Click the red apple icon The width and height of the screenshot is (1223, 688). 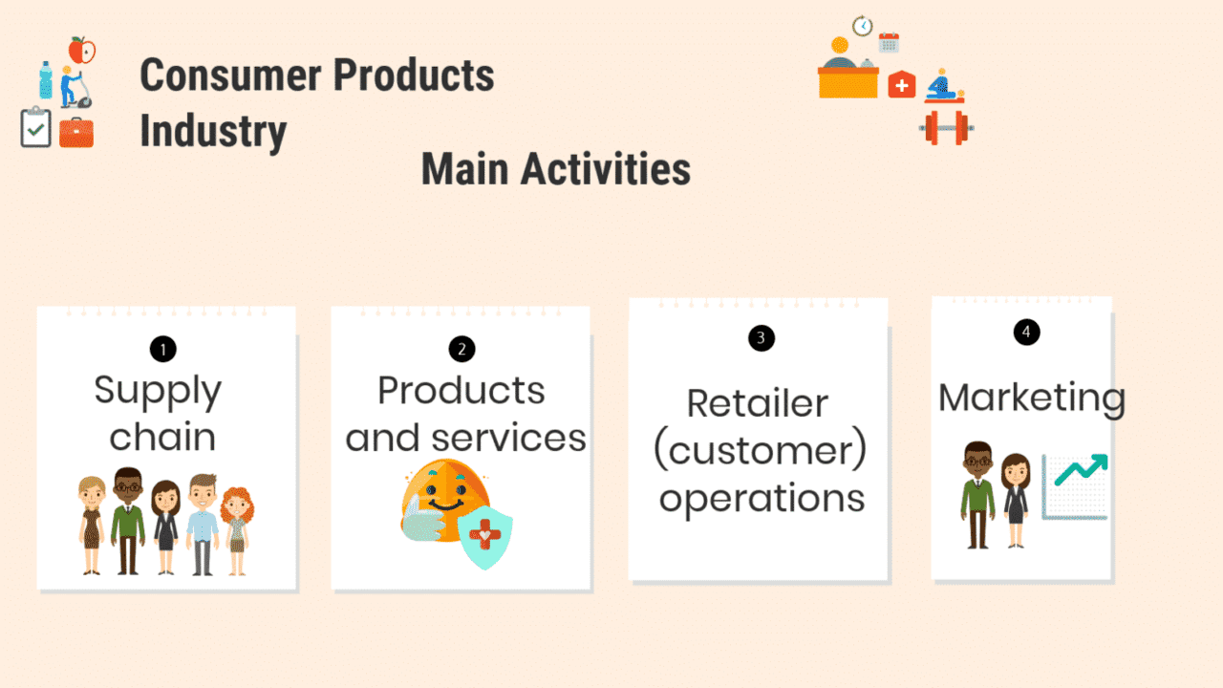[82, 50]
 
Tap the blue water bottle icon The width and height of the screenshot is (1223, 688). [45, 80]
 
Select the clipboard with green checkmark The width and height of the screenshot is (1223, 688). [35, 128]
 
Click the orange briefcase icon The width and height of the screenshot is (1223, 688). [76, 132]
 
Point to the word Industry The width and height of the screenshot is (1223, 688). [213, 131]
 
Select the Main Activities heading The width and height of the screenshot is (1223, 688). [555, 169]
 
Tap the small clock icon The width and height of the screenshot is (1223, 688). [863, 26]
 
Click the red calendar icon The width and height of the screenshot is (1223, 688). [889, 42]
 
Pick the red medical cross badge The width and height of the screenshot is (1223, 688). [901, 85]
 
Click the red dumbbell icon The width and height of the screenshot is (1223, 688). [946, 126]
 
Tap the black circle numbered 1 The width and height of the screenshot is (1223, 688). [162, 350]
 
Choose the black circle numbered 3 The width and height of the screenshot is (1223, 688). [761, 337]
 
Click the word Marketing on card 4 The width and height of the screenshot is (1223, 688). [1031, 398]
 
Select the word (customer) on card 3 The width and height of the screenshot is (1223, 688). [760, 450]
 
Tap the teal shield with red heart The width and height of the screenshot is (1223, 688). [484, 538]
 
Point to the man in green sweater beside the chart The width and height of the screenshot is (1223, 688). [976, 495]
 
